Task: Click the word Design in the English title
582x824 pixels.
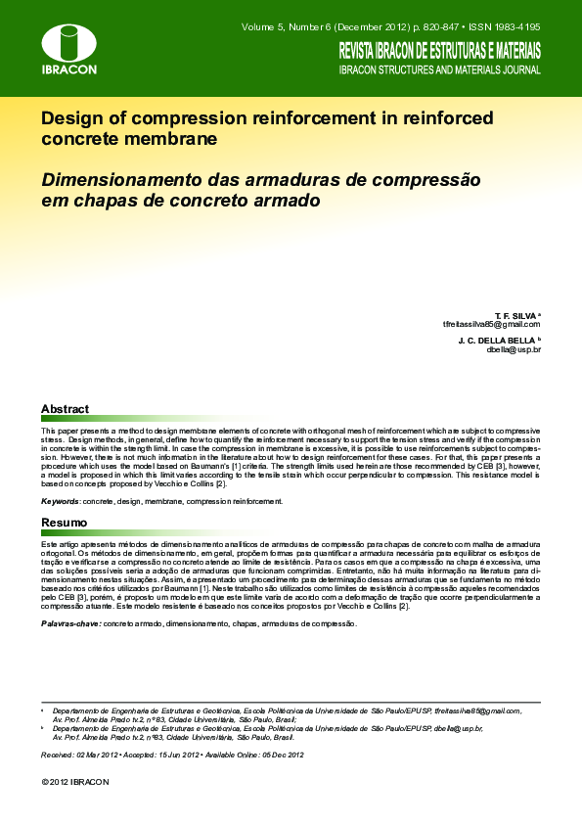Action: [70, 118]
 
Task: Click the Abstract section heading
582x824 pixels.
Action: [65, 409]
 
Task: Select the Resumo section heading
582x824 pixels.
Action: [64, 523]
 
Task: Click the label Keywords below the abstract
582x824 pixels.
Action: [61, 501]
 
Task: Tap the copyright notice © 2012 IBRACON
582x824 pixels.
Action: [75, 782]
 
